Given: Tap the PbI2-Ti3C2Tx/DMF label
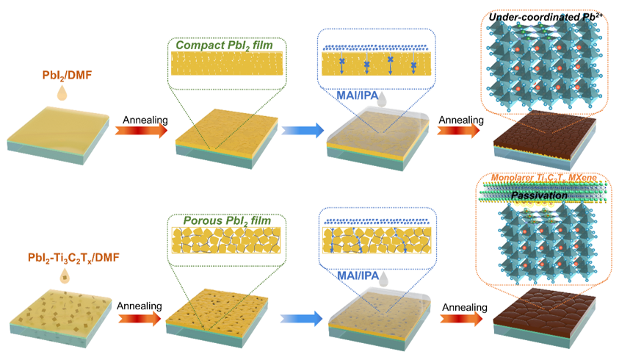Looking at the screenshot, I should (65, 258).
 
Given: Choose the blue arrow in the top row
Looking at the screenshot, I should (302, 131).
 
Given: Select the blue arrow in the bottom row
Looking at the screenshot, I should (302, 318).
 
